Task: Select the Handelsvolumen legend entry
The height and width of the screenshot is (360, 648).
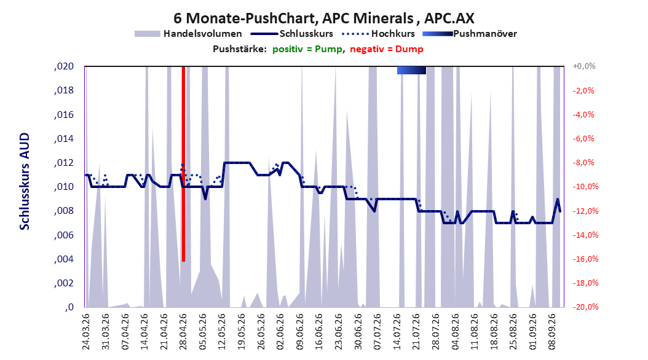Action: tap(189, 34)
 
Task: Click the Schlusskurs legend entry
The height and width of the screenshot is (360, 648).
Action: tap(292, 34)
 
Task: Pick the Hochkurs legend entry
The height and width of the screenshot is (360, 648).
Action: tap(379, 34)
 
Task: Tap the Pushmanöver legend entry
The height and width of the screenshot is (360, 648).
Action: tap(470, 34)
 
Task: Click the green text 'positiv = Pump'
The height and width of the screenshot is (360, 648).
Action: tap(307, 49)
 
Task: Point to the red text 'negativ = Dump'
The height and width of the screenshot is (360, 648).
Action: tap(387, 49)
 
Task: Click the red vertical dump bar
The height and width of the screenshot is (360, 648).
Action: tap(183, 164)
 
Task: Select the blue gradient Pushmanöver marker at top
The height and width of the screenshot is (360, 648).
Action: tap(411, 70)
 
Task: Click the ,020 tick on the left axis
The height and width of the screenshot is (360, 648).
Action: tap(64, 66)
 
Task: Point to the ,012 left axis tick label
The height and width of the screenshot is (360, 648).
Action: tap(64, 163)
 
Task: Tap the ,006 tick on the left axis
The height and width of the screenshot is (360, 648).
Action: tap(64, 235)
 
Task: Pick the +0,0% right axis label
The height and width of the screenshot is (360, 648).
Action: tap(584, 66)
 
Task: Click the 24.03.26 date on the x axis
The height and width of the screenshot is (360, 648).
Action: tap(86, 332)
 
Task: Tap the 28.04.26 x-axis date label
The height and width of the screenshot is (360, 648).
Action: tap(183, 332)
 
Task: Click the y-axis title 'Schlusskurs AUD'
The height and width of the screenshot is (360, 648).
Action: tap(25, 181)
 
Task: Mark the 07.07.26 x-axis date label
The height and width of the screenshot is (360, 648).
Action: tap(377, 332)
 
